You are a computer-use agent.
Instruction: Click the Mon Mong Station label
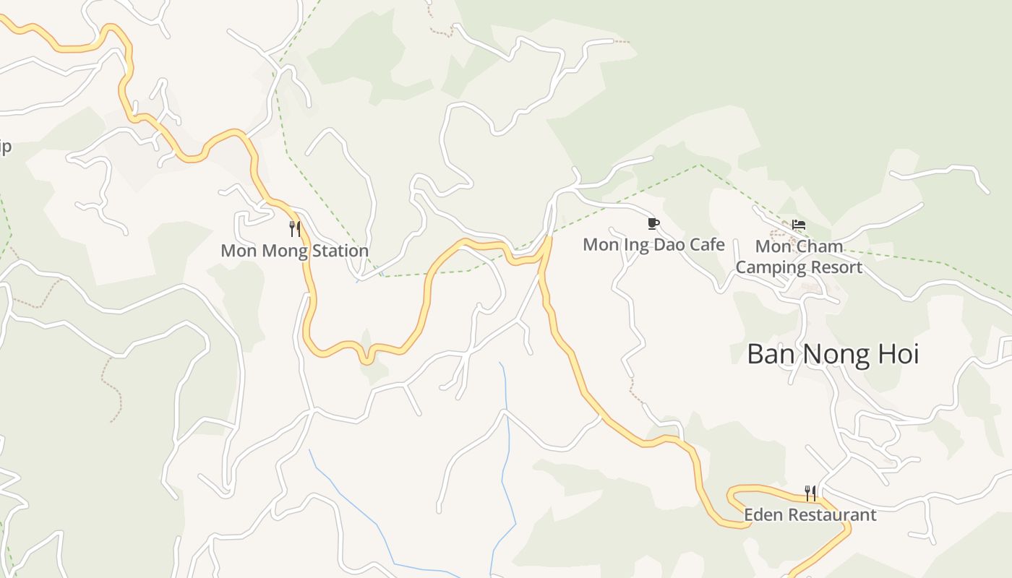(294, 251)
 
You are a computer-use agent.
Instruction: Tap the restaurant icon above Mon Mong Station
(295, 229)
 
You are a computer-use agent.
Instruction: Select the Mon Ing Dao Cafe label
(653, 245)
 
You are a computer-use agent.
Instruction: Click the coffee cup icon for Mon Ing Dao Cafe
(653, 223)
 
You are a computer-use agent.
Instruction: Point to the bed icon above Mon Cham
(799, 225)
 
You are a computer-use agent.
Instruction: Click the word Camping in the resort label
(768, 267)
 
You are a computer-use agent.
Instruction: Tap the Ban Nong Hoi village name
(833, 355)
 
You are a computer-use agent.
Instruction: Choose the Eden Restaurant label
(810, 515)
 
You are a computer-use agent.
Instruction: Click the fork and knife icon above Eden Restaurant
(810, 493)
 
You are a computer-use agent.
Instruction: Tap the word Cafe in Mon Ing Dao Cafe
(706, 245)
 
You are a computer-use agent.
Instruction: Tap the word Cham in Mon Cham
(819, 246)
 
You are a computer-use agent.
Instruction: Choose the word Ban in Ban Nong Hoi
(771, 355)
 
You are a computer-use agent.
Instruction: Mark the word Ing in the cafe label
(635, 245)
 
